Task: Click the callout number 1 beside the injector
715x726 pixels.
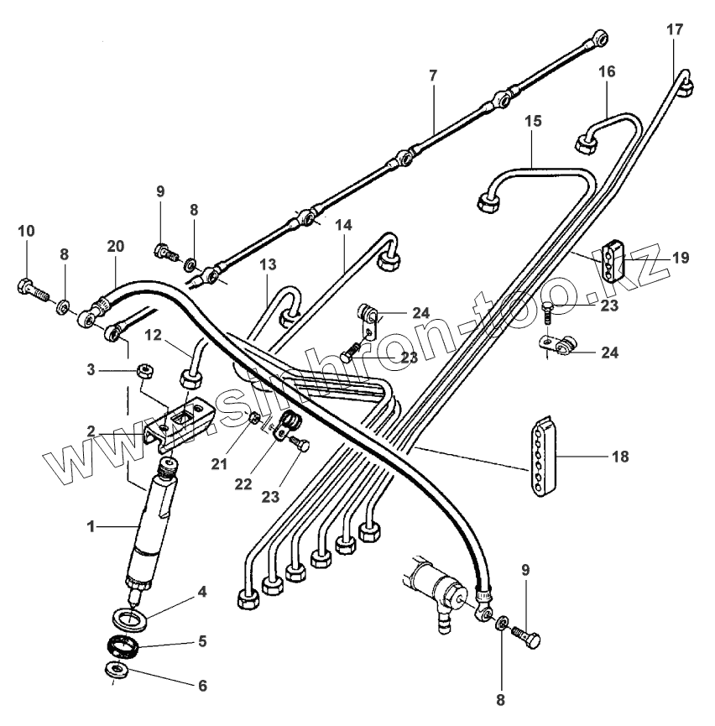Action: point(91,526)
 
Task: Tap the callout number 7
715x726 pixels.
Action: point(432,76)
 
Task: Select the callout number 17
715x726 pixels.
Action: point(676,29)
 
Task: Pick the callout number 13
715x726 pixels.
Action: point(268,264)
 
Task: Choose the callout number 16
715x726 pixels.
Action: point(607,72)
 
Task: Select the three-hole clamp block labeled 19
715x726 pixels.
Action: point(612,256)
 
